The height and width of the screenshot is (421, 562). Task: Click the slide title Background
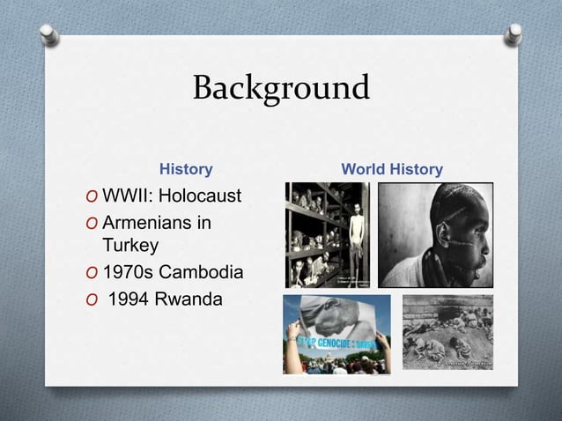281,89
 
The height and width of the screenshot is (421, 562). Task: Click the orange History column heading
185,168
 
